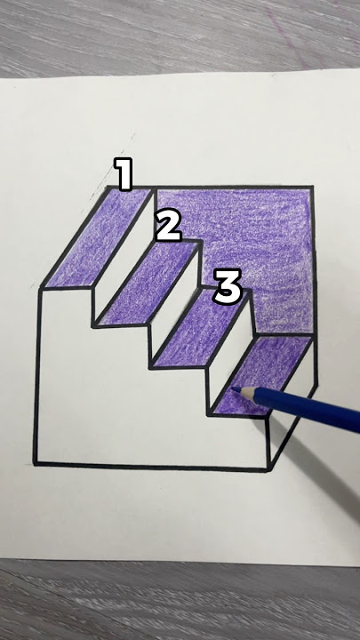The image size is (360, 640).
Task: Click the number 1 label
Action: pyautogui.click(x=124, y=173)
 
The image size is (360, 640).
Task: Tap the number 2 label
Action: pyautogui.click(x=168, y=226)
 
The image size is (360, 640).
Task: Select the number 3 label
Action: pyautogui.click(x=228, y=286)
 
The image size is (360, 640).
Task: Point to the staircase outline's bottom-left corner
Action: pyautogui.click(x=37, y=463)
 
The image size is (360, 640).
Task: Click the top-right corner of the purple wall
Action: pyautogui.click(x=313, y=188)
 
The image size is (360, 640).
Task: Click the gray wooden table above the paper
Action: pyautogui.click(x=178, y=36)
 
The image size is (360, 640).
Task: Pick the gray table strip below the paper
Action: pyautogui.click(x=178, y=604)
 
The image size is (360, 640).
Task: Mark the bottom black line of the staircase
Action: pyautogui.click(x=151, y=465)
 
